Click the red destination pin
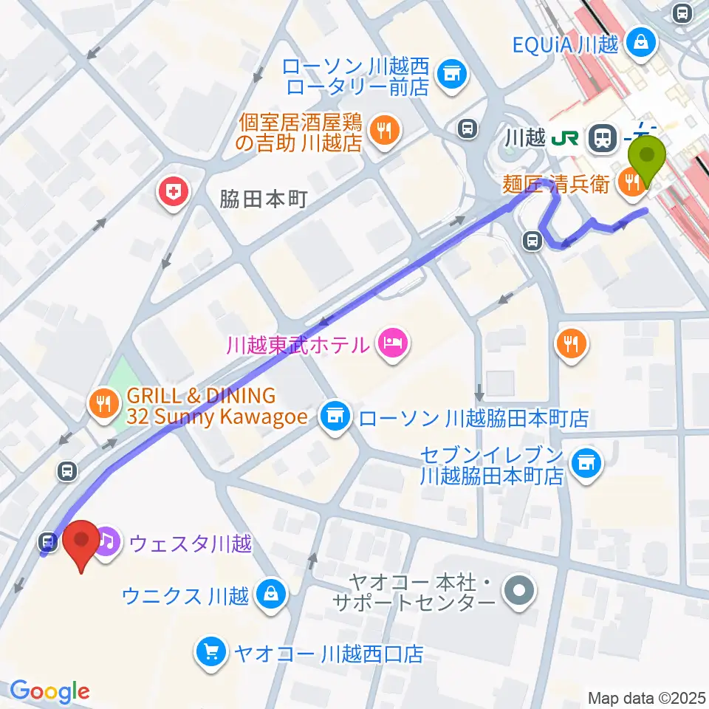click(82, 543)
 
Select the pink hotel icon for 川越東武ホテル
click(391, 342)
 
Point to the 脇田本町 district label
click(262, 199)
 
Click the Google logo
click(49, 691)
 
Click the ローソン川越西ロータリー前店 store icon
click(450, 74)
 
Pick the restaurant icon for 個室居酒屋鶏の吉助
click(383, 131)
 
